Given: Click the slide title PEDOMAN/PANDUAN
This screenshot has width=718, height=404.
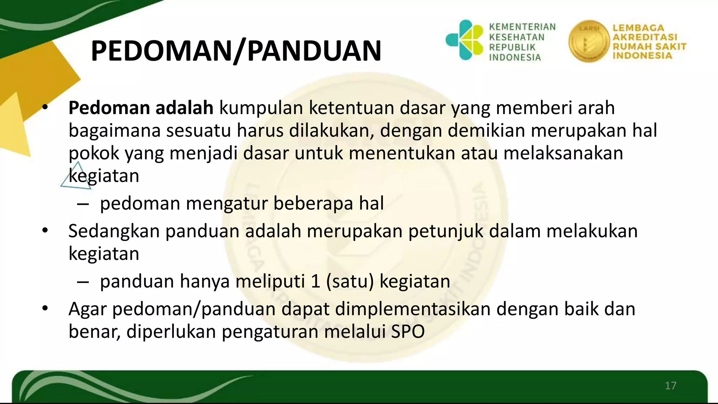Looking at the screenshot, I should coord(236,51).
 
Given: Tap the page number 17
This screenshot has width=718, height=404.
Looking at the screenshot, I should coord(670,386).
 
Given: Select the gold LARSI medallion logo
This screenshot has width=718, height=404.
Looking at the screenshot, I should coord(589,41).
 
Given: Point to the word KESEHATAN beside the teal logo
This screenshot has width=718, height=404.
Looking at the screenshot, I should coord(517,37).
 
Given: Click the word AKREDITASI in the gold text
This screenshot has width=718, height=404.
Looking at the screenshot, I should coord(645,37).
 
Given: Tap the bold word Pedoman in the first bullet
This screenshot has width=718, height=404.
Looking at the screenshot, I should coord(109,108).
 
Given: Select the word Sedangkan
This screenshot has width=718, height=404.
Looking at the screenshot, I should coord(114,231).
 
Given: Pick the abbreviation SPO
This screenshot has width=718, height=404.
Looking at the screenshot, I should coord(408,331).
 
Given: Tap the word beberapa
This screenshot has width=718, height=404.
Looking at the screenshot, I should coord(313,203).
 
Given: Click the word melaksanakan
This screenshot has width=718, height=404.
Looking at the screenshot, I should coord(563,153).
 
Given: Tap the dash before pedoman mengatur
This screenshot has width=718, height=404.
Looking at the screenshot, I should coord(83,204).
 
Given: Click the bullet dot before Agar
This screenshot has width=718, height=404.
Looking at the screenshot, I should coord(45,309).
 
